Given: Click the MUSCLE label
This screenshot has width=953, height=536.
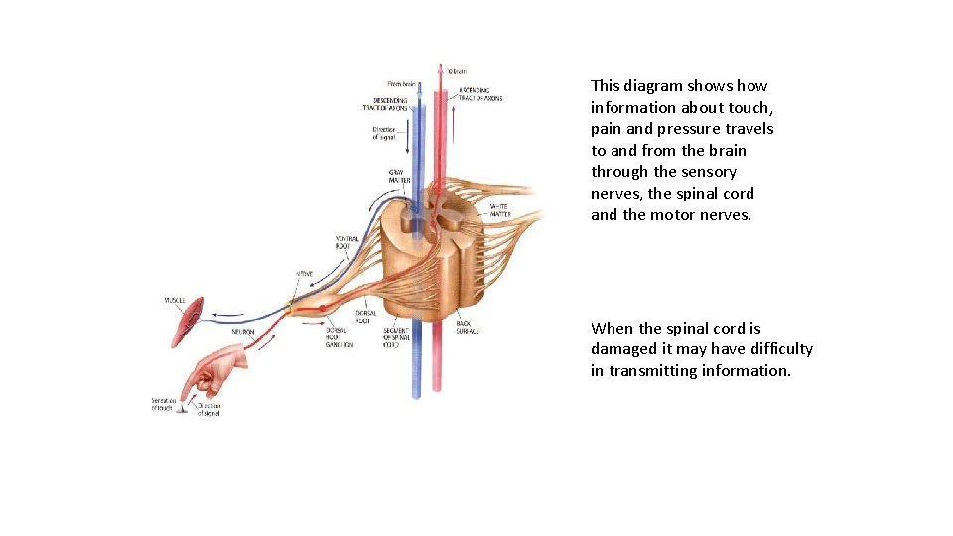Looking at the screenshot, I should (175, 300).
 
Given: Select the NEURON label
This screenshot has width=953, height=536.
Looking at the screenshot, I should (244, 331).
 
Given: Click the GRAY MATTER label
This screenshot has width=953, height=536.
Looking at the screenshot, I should (400, 176).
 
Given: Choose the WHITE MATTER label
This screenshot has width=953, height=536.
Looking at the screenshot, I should (500, 210).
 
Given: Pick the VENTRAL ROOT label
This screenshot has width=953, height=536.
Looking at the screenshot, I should (347, 241).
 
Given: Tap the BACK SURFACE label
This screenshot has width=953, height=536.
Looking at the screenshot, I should (468, 326).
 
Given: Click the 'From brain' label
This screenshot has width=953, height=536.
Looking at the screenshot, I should (401, 84).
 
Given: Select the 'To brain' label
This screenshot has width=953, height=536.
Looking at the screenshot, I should (457, 71).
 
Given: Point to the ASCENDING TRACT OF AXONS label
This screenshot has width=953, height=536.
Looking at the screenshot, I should (480, 94).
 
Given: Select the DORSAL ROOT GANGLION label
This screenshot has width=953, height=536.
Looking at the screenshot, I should (339, 336).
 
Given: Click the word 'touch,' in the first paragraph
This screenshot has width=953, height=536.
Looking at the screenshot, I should (743, 107).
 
